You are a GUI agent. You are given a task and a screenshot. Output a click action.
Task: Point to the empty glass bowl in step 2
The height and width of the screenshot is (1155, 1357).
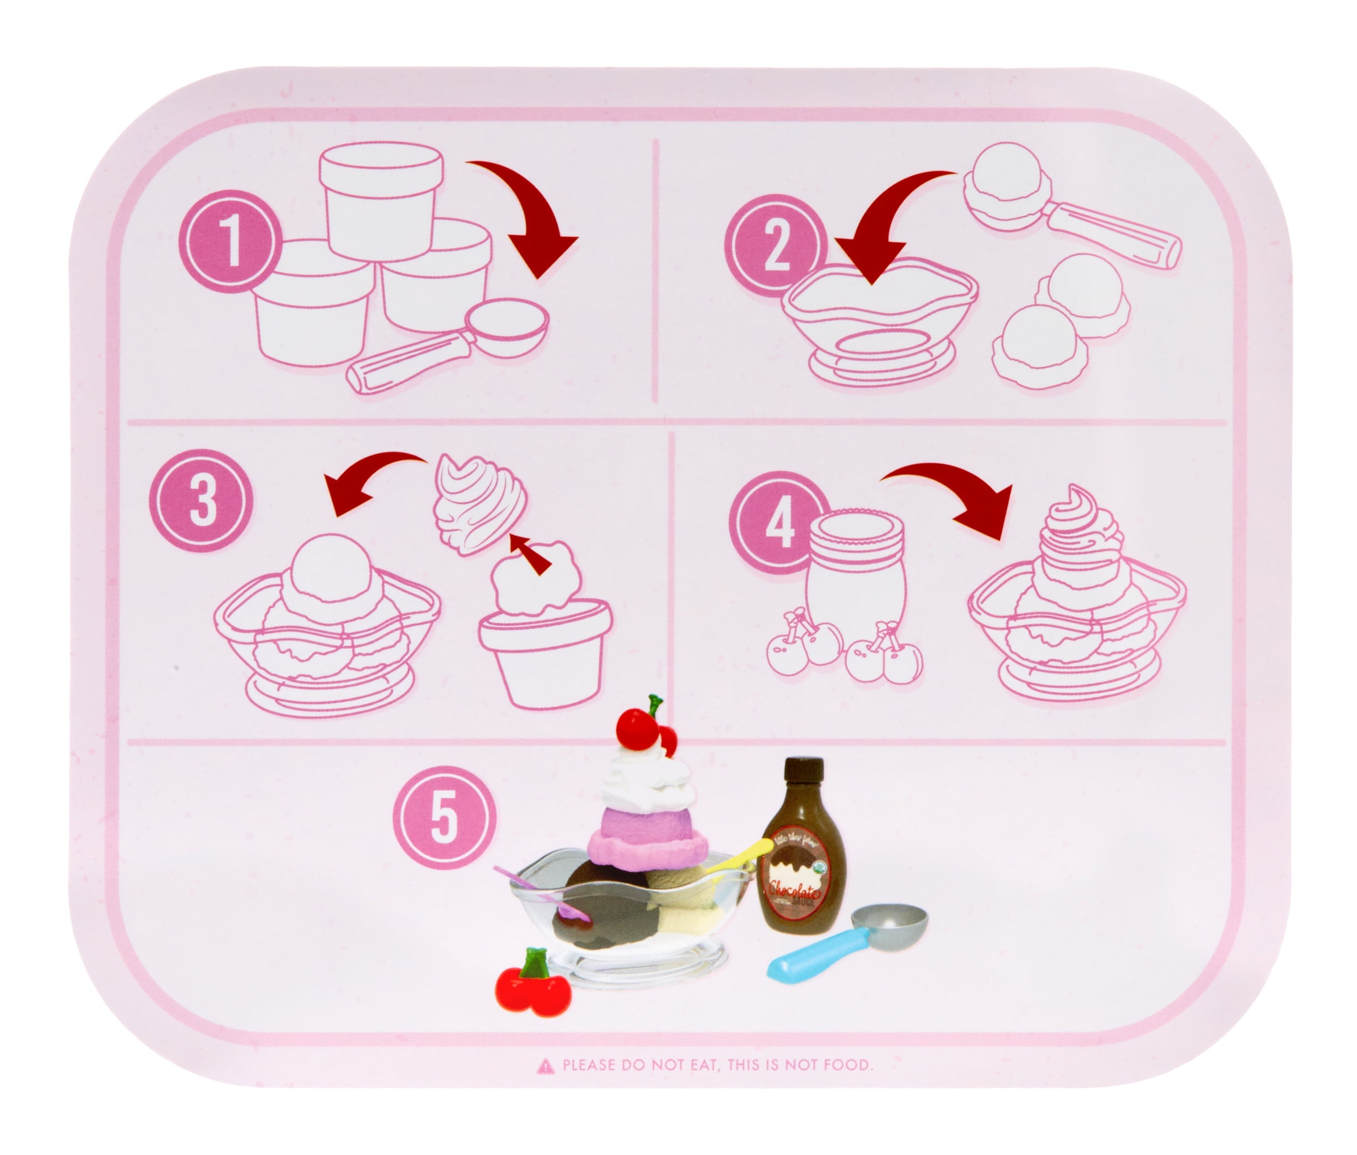click(877, 321)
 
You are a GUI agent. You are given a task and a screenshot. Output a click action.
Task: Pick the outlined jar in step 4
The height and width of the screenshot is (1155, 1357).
click(856, 576)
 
